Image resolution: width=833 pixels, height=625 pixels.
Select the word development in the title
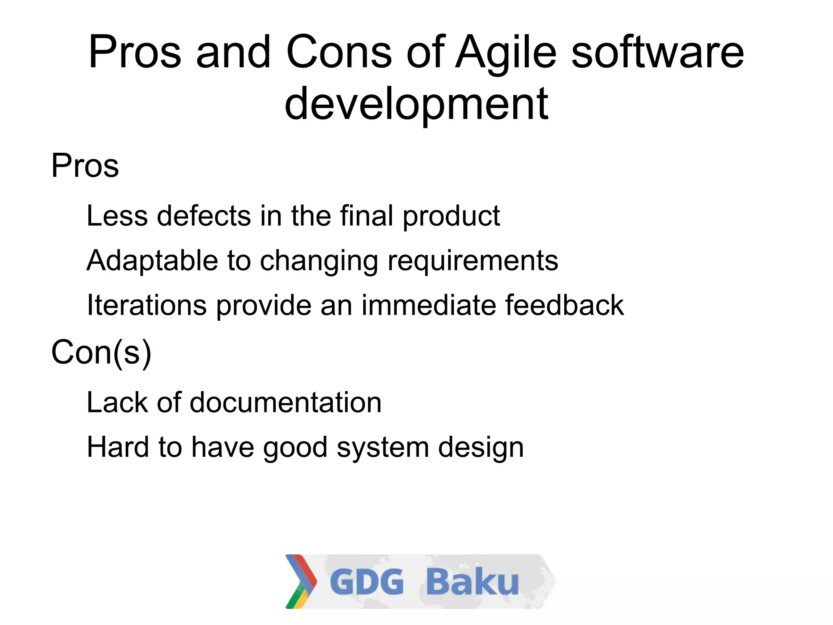point(416,105)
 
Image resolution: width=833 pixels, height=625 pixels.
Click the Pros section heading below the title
point(85,166)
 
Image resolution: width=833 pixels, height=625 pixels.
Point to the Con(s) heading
point(101,353)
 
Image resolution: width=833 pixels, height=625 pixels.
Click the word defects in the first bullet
point(204,216)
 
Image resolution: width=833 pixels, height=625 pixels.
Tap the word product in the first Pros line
point(451,217)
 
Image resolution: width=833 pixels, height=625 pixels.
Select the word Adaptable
point(152,261)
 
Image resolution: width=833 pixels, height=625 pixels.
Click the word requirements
point(473,261)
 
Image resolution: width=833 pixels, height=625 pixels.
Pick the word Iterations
point(146,305)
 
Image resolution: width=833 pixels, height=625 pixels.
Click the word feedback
point(564,305)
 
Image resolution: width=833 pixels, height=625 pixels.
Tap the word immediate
point(428,305)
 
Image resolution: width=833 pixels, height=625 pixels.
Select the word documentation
point(285,403)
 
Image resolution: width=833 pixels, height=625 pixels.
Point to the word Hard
point(118,447)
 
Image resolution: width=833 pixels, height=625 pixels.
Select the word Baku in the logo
point(472,581)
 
